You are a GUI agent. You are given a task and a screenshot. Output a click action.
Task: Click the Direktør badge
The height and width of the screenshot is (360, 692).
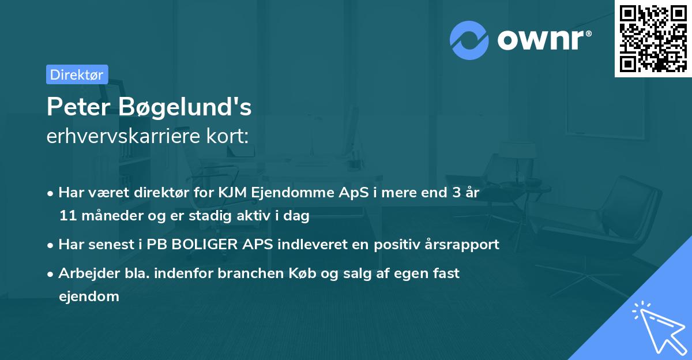(x=77, y=74)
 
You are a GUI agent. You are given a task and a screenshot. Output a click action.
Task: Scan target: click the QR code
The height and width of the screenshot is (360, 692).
(x=653, y=38)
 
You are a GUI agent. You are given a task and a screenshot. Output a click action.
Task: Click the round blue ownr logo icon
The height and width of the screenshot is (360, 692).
(x=469, y=40)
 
